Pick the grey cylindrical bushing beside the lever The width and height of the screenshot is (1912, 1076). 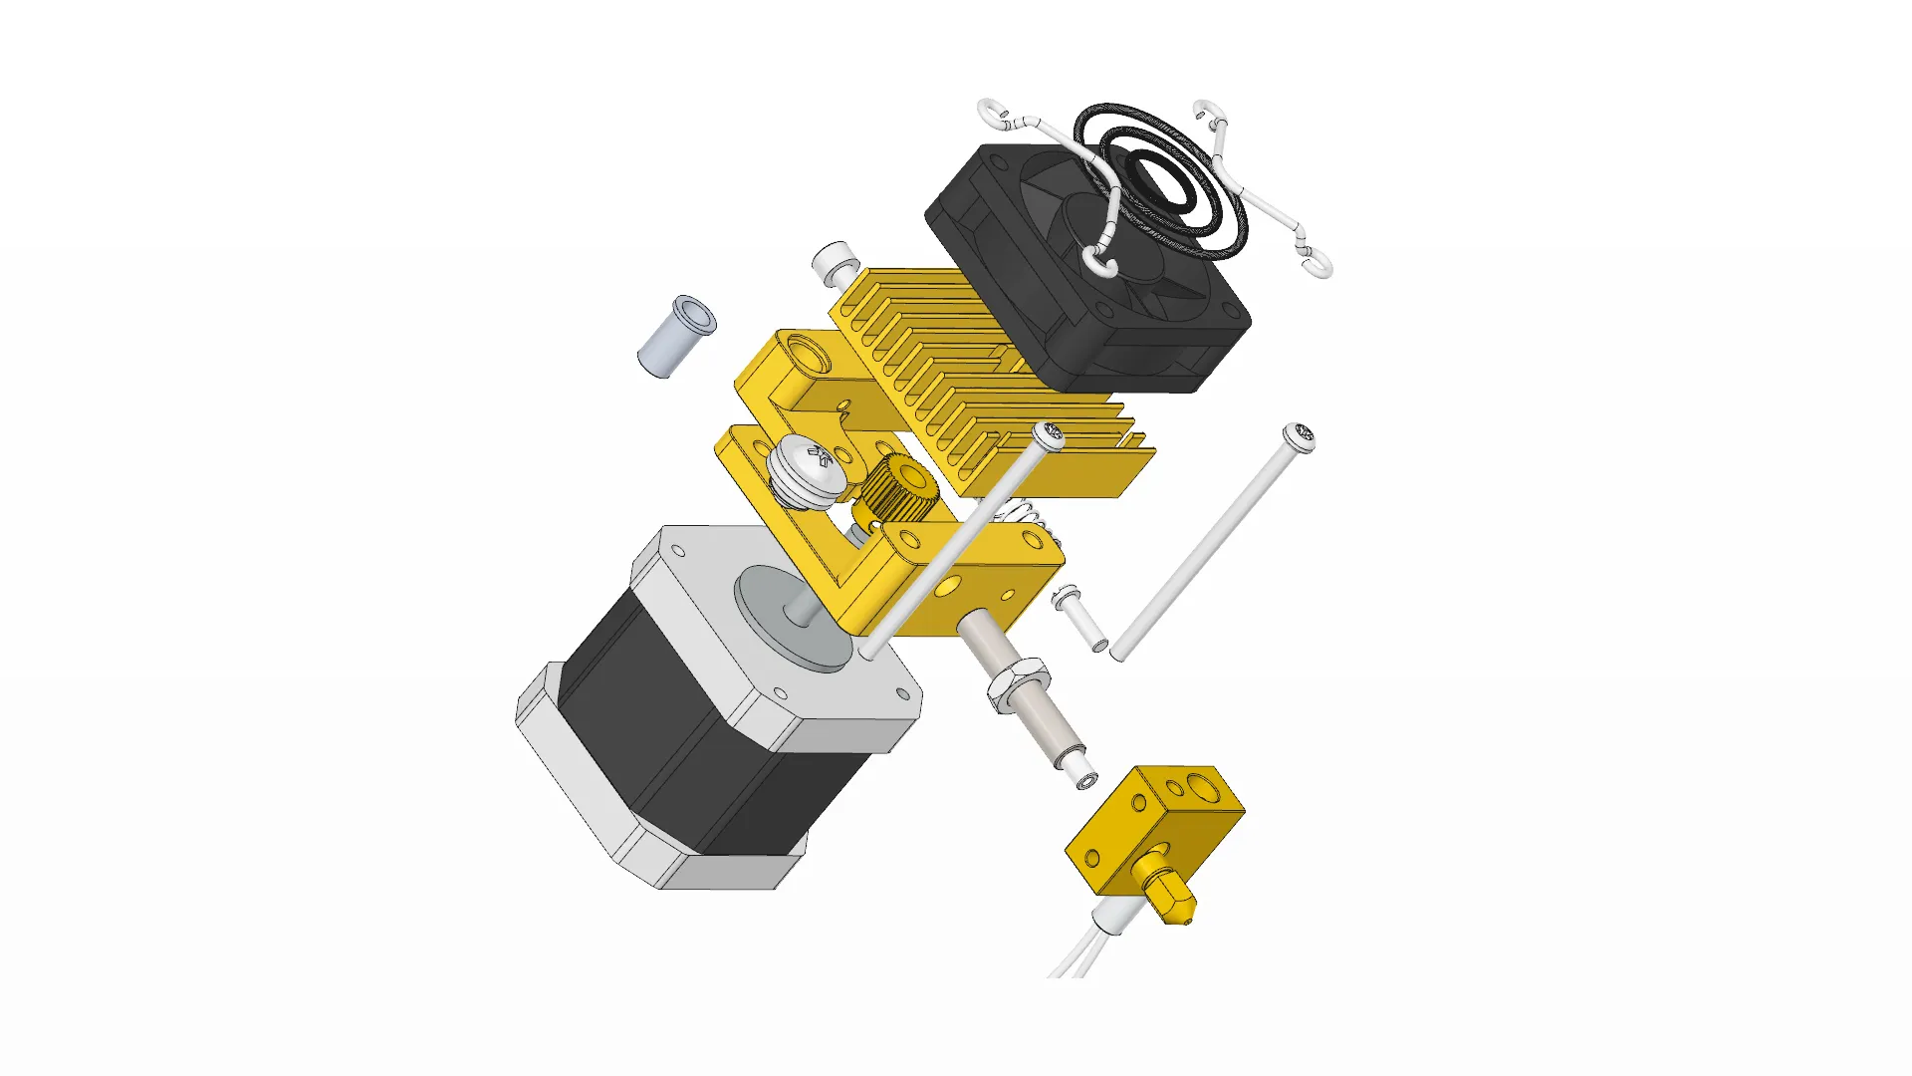(x=675, y=337)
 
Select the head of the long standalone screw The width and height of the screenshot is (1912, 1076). (x=1299, y=436)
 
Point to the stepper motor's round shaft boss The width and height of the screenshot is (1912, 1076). (x=792, y=618)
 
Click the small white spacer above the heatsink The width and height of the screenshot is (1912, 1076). (x=835, y=260)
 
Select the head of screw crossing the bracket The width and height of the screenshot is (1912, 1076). (x=1048, y=436)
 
